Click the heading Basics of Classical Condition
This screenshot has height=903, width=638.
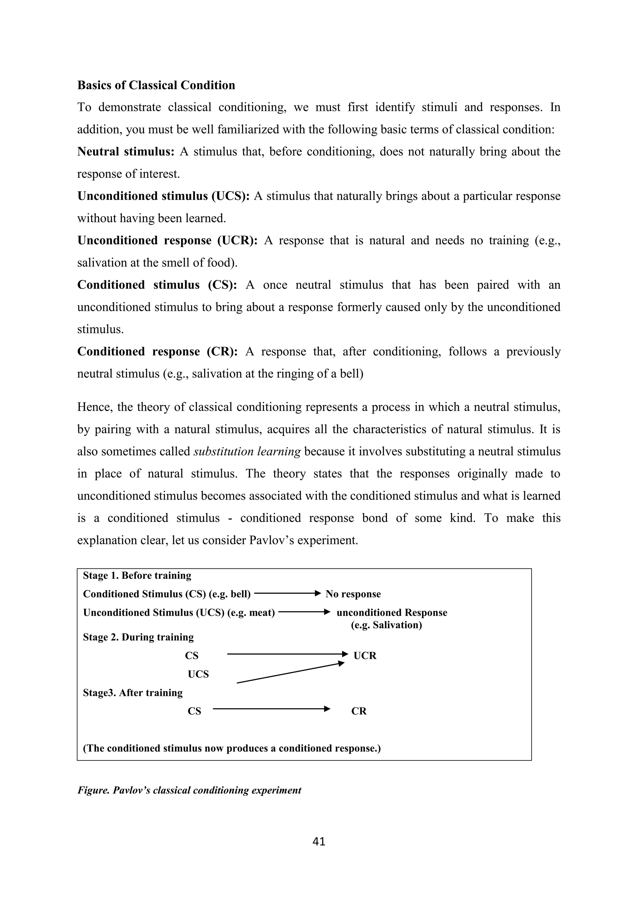click(x=156, y=85)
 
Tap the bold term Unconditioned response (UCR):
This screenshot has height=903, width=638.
click(x=167, y=241)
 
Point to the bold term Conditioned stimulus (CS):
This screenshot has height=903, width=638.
click(x=157, y=285)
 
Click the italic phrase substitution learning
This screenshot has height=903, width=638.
click(x=247, y=451)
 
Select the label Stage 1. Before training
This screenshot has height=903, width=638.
click(x=137, y=575)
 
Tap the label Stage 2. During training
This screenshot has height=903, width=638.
click(x=138, y=637)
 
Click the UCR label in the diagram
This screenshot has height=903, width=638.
click(x=365, y=656)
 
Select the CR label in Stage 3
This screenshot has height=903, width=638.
click(x=359, y=711)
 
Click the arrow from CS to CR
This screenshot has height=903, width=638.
click(x=271, y=709)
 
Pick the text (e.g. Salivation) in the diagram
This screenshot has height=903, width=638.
click(x=386, y=625)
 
